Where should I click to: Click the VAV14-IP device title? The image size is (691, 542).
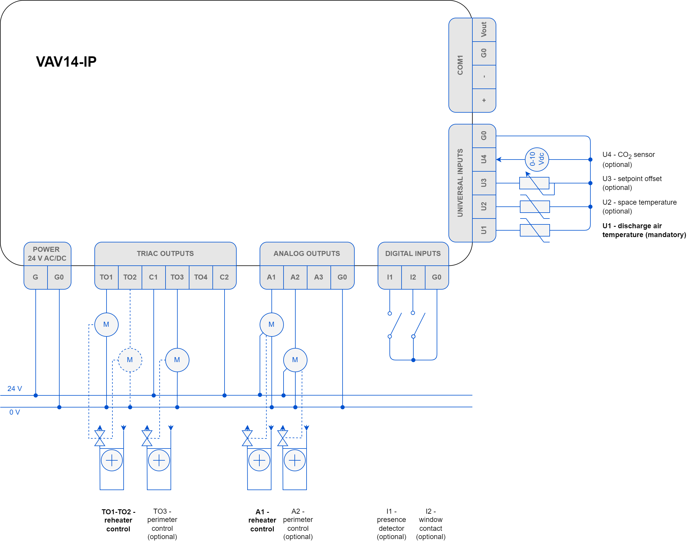[66, 62]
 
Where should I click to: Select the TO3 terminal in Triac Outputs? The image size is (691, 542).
[177, 277]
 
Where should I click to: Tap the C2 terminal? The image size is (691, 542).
[224, 277]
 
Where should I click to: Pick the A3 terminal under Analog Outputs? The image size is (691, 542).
[319, 277]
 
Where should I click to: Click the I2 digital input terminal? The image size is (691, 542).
[413, 277]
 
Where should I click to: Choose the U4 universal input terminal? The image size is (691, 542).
[484, 159]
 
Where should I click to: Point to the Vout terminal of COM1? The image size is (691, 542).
[484, 29]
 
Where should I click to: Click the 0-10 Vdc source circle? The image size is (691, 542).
[537, 159]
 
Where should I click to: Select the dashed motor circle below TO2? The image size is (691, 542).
[130, 360]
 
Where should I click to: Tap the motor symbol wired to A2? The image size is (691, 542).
[295, 360]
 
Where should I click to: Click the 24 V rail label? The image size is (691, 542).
[15, 388]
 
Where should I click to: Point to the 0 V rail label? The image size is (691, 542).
[15, 412]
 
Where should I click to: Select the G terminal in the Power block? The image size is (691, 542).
[36, 277]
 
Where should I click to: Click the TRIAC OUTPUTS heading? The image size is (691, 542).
[165, 254]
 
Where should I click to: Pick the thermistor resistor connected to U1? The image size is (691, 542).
[535, 230]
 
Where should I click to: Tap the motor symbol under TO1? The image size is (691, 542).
[107, 324]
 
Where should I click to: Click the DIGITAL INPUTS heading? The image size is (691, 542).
[413, 254]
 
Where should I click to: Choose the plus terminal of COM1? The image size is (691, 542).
[484, 100]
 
